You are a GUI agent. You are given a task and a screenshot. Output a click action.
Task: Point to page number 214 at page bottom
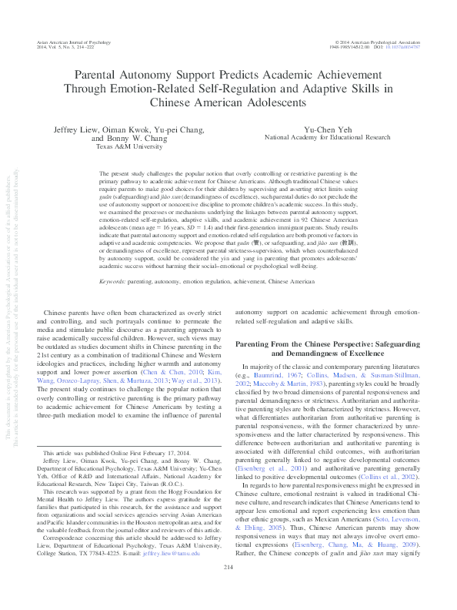tap(228, 590)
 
